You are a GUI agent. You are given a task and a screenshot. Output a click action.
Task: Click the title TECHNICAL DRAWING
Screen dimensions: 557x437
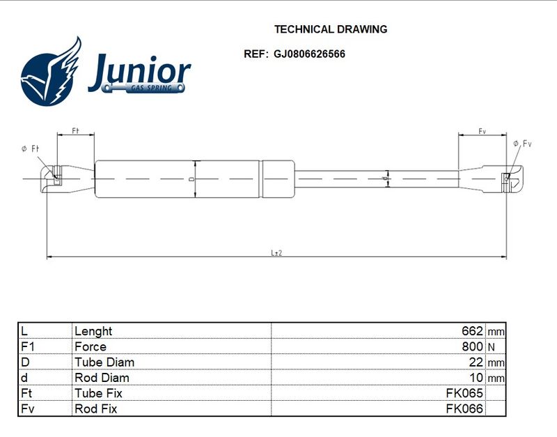coord(330,29)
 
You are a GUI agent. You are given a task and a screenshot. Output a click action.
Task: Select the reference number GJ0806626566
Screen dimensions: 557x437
coord(309,54)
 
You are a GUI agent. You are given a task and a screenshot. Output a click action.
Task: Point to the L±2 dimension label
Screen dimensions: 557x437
coord(276,253)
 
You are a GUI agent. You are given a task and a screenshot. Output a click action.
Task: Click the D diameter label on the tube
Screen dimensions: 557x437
coord(191,179)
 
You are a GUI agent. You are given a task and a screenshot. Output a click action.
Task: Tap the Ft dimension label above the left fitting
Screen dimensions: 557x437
coord(75,131)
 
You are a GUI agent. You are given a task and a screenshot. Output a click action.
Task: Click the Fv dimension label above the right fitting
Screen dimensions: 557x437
coord(482,132)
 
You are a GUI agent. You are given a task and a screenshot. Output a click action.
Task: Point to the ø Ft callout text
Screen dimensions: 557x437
coord(30,148)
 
